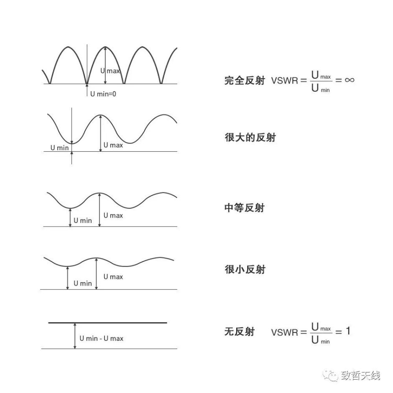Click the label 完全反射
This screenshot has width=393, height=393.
pos(245,81)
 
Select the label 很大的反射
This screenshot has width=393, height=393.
pos(250,138)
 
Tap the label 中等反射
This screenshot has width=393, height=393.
pos(245,208)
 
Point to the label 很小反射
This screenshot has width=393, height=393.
pos(245,269)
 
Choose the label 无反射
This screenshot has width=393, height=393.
pos(239,332)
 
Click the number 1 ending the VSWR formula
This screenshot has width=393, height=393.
pos(348,331)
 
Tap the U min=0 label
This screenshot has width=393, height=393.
pos(103,94)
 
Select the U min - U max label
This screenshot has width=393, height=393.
pos(101,338)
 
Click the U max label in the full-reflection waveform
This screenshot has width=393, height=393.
pos(110,71)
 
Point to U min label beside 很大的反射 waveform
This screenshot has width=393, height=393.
pos(59,148)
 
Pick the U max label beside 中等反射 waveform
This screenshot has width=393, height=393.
pos(113,215)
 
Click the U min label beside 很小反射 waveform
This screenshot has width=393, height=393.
pos(82,283)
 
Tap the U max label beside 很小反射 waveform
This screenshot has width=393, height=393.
pos(113,277)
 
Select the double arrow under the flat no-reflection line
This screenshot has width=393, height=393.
pos(74,336)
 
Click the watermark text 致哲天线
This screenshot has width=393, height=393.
pos(360,375)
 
